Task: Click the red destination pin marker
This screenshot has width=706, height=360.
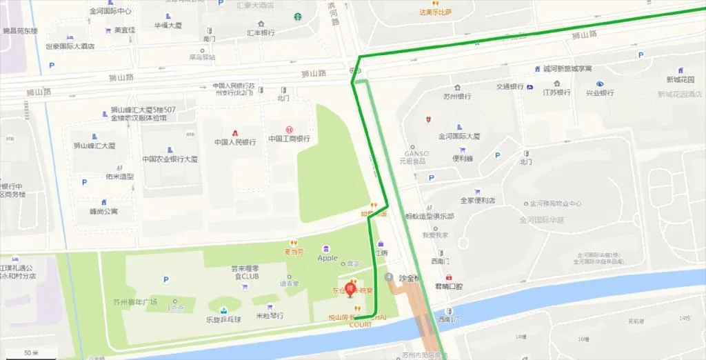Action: pos(350,288)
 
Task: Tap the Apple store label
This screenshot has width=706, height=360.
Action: pos(327,258)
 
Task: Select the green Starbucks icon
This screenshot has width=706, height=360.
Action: pos(298,17)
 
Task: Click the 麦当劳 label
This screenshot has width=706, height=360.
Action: pos(294,251)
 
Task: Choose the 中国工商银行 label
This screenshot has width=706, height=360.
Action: pos(289,139)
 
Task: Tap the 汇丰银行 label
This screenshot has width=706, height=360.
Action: pos(261,32)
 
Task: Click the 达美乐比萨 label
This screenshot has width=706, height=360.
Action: pos(435,12)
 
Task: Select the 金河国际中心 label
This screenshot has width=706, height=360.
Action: pos(110,11)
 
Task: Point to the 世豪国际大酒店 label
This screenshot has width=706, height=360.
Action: pos(70,46)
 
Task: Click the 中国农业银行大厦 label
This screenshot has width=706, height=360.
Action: pos(170,159)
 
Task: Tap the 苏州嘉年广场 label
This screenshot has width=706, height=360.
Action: pos(135,301)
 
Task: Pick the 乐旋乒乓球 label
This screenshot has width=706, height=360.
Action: pos(225,319)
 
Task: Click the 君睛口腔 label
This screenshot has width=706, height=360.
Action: pos(449,286)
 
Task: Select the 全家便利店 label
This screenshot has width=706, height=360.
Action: pos(478,201)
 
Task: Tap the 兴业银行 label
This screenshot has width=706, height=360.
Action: pos(599,92)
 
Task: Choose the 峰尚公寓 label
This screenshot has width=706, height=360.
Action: pos(103,211)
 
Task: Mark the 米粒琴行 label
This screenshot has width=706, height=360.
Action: pos(269,316)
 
